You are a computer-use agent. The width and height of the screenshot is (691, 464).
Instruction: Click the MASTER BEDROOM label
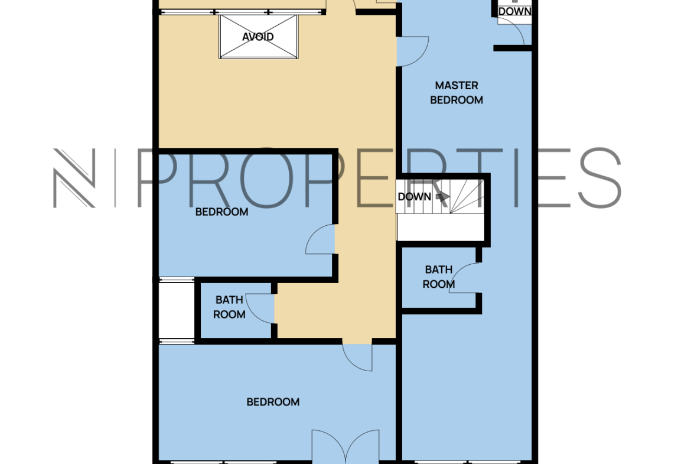[456, 93]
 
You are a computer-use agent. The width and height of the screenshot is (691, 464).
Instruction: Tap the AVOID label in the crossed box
[258, 37]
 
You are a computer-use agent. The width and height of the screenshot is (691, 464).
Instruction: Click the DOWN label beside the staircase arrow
[414, 197]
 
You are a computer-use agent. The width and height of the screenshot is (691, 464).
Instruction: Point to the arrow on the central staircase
[442, 197]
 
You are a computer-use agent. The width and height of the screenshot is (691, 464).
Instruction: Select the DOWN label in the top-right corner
[515, 11]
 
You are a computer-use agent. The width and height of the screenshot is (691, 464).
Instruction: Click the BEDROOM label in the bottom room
[273, 402]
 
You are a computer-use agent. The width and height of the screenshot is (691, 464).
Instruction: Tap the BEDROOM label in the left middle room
[221, 212]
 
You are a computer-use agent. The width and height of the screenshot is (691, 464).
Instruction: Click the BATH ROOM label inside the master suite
[438, 277]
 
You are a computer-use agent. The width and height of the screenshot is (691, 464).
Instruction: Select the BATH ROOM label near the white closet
[229, 307]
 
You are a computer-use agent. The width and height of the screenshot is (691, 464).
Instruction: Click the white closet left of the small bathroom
[176, 310]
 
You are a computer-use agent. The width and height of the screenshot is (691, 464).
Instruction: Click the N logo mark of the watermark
[74, 178]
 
